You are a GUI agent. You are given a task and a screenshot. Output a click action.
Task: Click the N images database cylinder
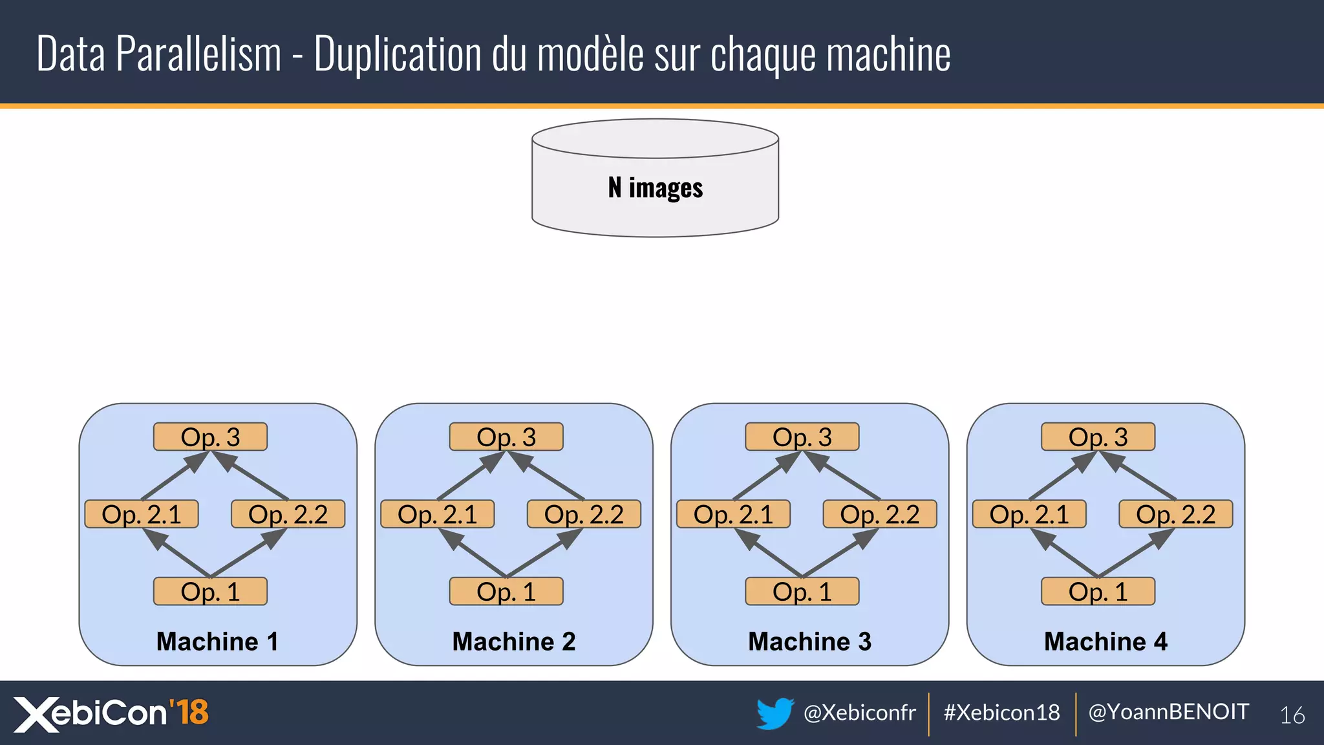coord(655,178)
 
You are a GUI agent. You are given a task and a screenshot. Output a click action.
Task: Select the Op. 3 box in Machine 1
coord(210,437)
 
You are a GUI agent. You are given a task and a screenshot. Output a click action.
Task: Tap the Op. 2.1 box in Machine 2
coord(437,514)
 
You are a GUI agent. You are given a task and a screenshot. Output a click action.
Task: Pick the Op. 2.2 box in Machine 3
coord(879,514)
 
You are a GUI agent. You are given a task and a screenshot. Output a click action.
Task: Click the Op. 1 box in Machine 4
coord(1098,592)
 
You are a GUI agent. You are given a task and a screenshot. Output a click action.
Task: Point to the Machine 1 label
coord(217,642)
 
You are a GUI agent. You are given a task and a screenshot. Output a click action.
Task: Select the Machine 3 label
coord(809,642)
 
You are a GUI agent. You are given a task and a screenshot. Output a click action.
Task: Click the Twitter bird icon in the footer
coord(774,713)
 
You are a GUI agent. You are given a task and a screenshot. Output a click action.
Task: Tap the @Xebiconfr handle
coord(859,713)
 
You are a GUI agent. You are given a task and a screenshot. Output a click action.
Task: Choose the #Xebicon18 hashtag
coord(1001,713)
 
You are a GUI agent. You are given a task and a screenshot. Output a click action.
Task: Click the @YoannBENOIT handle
coord(1168,712)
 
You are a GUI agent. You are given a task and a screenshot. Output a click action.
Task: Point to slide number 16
coord(1292,715)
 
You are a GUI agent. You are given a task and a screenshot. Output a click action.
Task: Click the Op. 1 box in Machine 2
coord(506,592)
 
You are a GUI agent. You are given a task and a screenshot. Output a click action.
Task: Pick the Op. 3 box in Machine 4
coord(1098,437)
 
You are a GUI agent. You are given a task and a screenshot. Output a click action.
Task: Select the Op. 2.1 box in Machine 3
coord(733,514)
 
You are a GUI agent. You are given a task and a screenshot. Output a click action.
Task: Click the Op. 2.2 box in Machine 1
coord(288,514)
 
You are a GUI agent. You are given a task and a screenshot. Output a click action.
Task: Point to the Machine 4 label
coord(1105,642)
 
